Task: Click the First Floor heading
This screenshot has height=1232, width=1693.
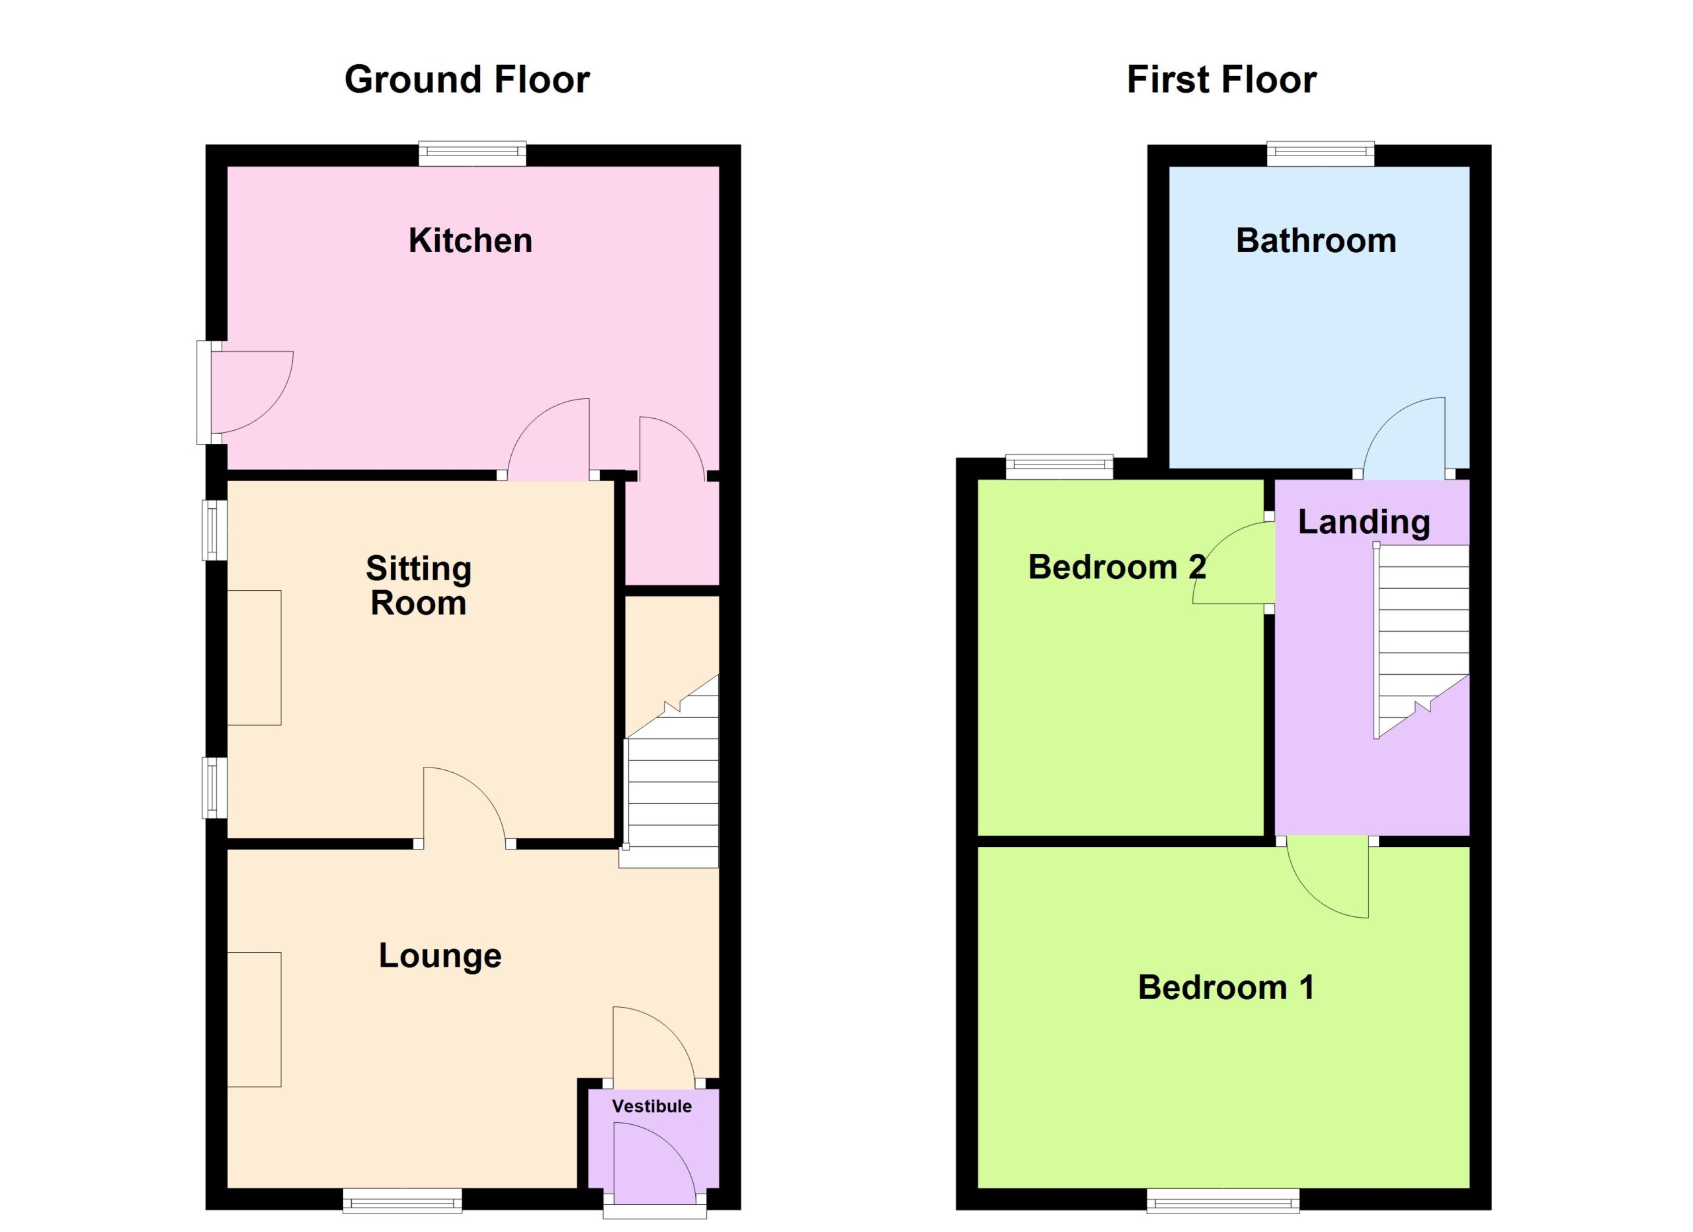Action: (1221, 80)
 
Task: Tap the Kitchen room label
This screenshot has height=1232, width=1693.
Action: (470, 240)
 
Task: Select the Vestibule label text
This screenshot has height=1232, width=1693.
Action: (651, 1106)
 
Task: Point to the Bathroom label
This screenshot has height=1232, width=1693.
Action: (1316, 240)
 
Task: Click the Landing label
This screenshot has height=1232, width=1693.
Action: (1364, 523)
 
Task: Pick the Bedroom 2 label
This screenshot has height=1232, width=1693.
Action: (1117, 567)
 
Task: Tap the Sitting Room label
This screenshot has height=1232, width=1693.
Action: (419, 586)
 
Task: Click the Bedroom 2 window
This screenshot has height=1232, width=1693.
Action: (1059, 467)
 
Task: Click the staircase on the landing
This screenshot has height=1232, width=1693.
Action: (1421, 642)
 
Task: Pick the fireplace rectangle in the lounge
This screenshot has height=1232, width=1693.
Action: (254, 1019)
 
